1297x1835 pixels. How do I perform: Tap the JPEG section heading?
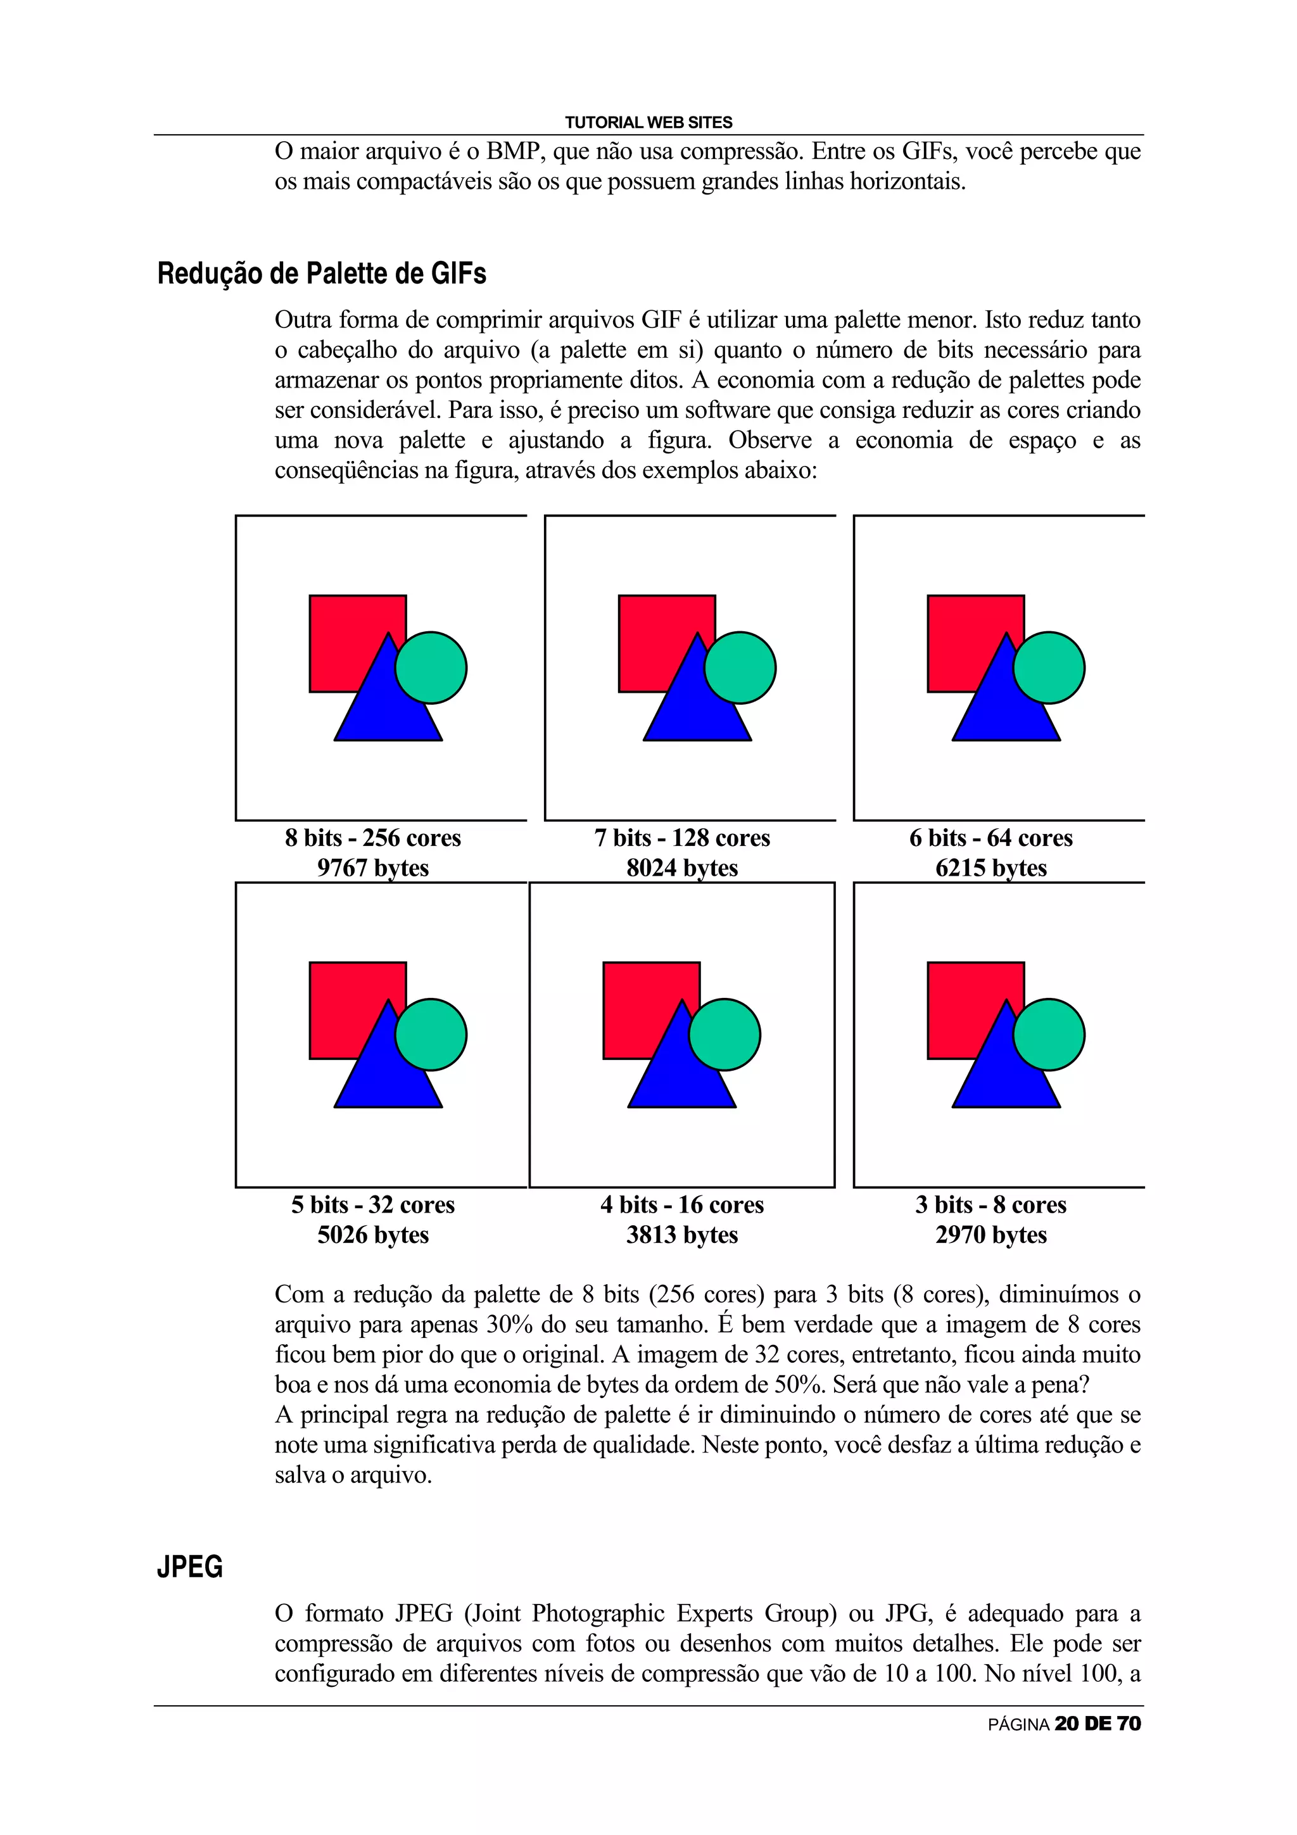(x=189, y=1567)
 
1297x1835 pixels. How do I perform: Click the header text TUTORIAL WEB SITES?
(x=648, y=122)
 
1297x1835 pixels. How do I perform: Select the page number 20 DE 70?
(x=1098, y=1724)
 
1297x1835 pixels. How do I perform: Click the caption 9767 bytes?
(x=372, y=868)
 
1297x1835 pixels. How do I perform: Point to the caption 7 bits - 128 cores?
(x=681, y=838)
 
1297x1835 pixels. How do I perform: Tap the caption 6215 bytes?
(x=991, y=868)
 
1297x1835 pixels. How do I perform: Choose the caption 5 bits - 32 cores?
(x=372, y=1204)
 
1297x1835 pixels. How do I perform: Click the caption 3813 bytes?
(x=681, y=1235)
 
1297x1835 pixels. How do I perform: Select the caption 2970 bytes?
(x=991, y=1235)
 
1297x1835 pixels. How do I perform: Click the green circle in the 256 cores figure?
(x=431, y=668)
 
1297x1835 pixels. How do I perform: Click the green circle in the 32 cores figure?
(x=431, y=1035)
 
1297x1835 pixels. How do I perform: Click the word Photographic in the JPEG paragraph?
(x=598, y=1613)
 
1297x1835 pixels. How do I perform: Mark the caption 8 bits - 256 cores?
(x=372, y=838)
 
